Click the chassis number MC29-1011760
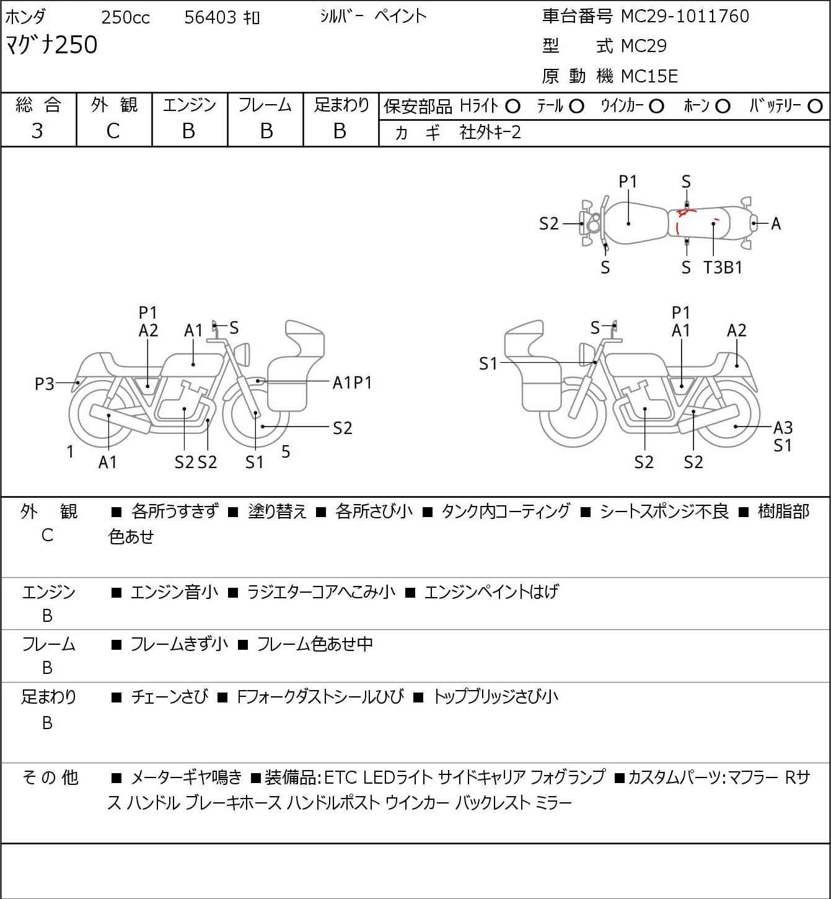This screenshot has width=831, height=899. click(685, 16)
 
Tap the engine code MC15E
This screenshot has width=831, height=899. click(649, 76)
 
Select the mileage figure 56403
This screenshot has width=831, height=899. click(211, 17)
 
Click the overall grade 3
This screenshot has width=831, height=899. click(37, 131)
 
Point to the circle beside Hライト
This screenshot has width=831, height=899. click(512, 106)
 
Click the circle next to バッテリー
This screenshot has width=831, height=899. click(816, 106)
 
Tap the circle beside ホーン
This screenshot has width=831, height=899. click(723, 106)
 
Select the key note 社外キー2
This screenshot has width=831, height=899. click(490, 132)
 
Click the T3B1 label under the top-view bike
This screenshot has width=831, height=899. click(723, 268)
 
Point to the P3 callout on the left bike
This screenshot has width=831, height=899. click(45, 384)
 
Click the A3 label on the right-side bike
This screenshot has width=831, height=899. click(783, 427)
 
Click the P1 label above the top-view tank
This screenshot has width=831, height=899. click(628, 182)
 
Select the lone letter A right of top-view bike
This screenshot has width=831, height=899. click(776, 224)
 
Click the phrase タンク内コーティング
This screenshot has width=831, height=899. click(505, 511)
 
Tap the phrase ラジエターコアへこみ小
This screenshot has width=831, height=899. click(320, 592)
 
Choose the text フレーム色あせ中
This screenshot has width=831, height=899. click(314, 644)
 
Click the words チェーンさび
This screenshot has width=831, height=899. click(170, 697)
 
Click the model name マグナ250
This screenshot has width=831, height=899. click(51, 45)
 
